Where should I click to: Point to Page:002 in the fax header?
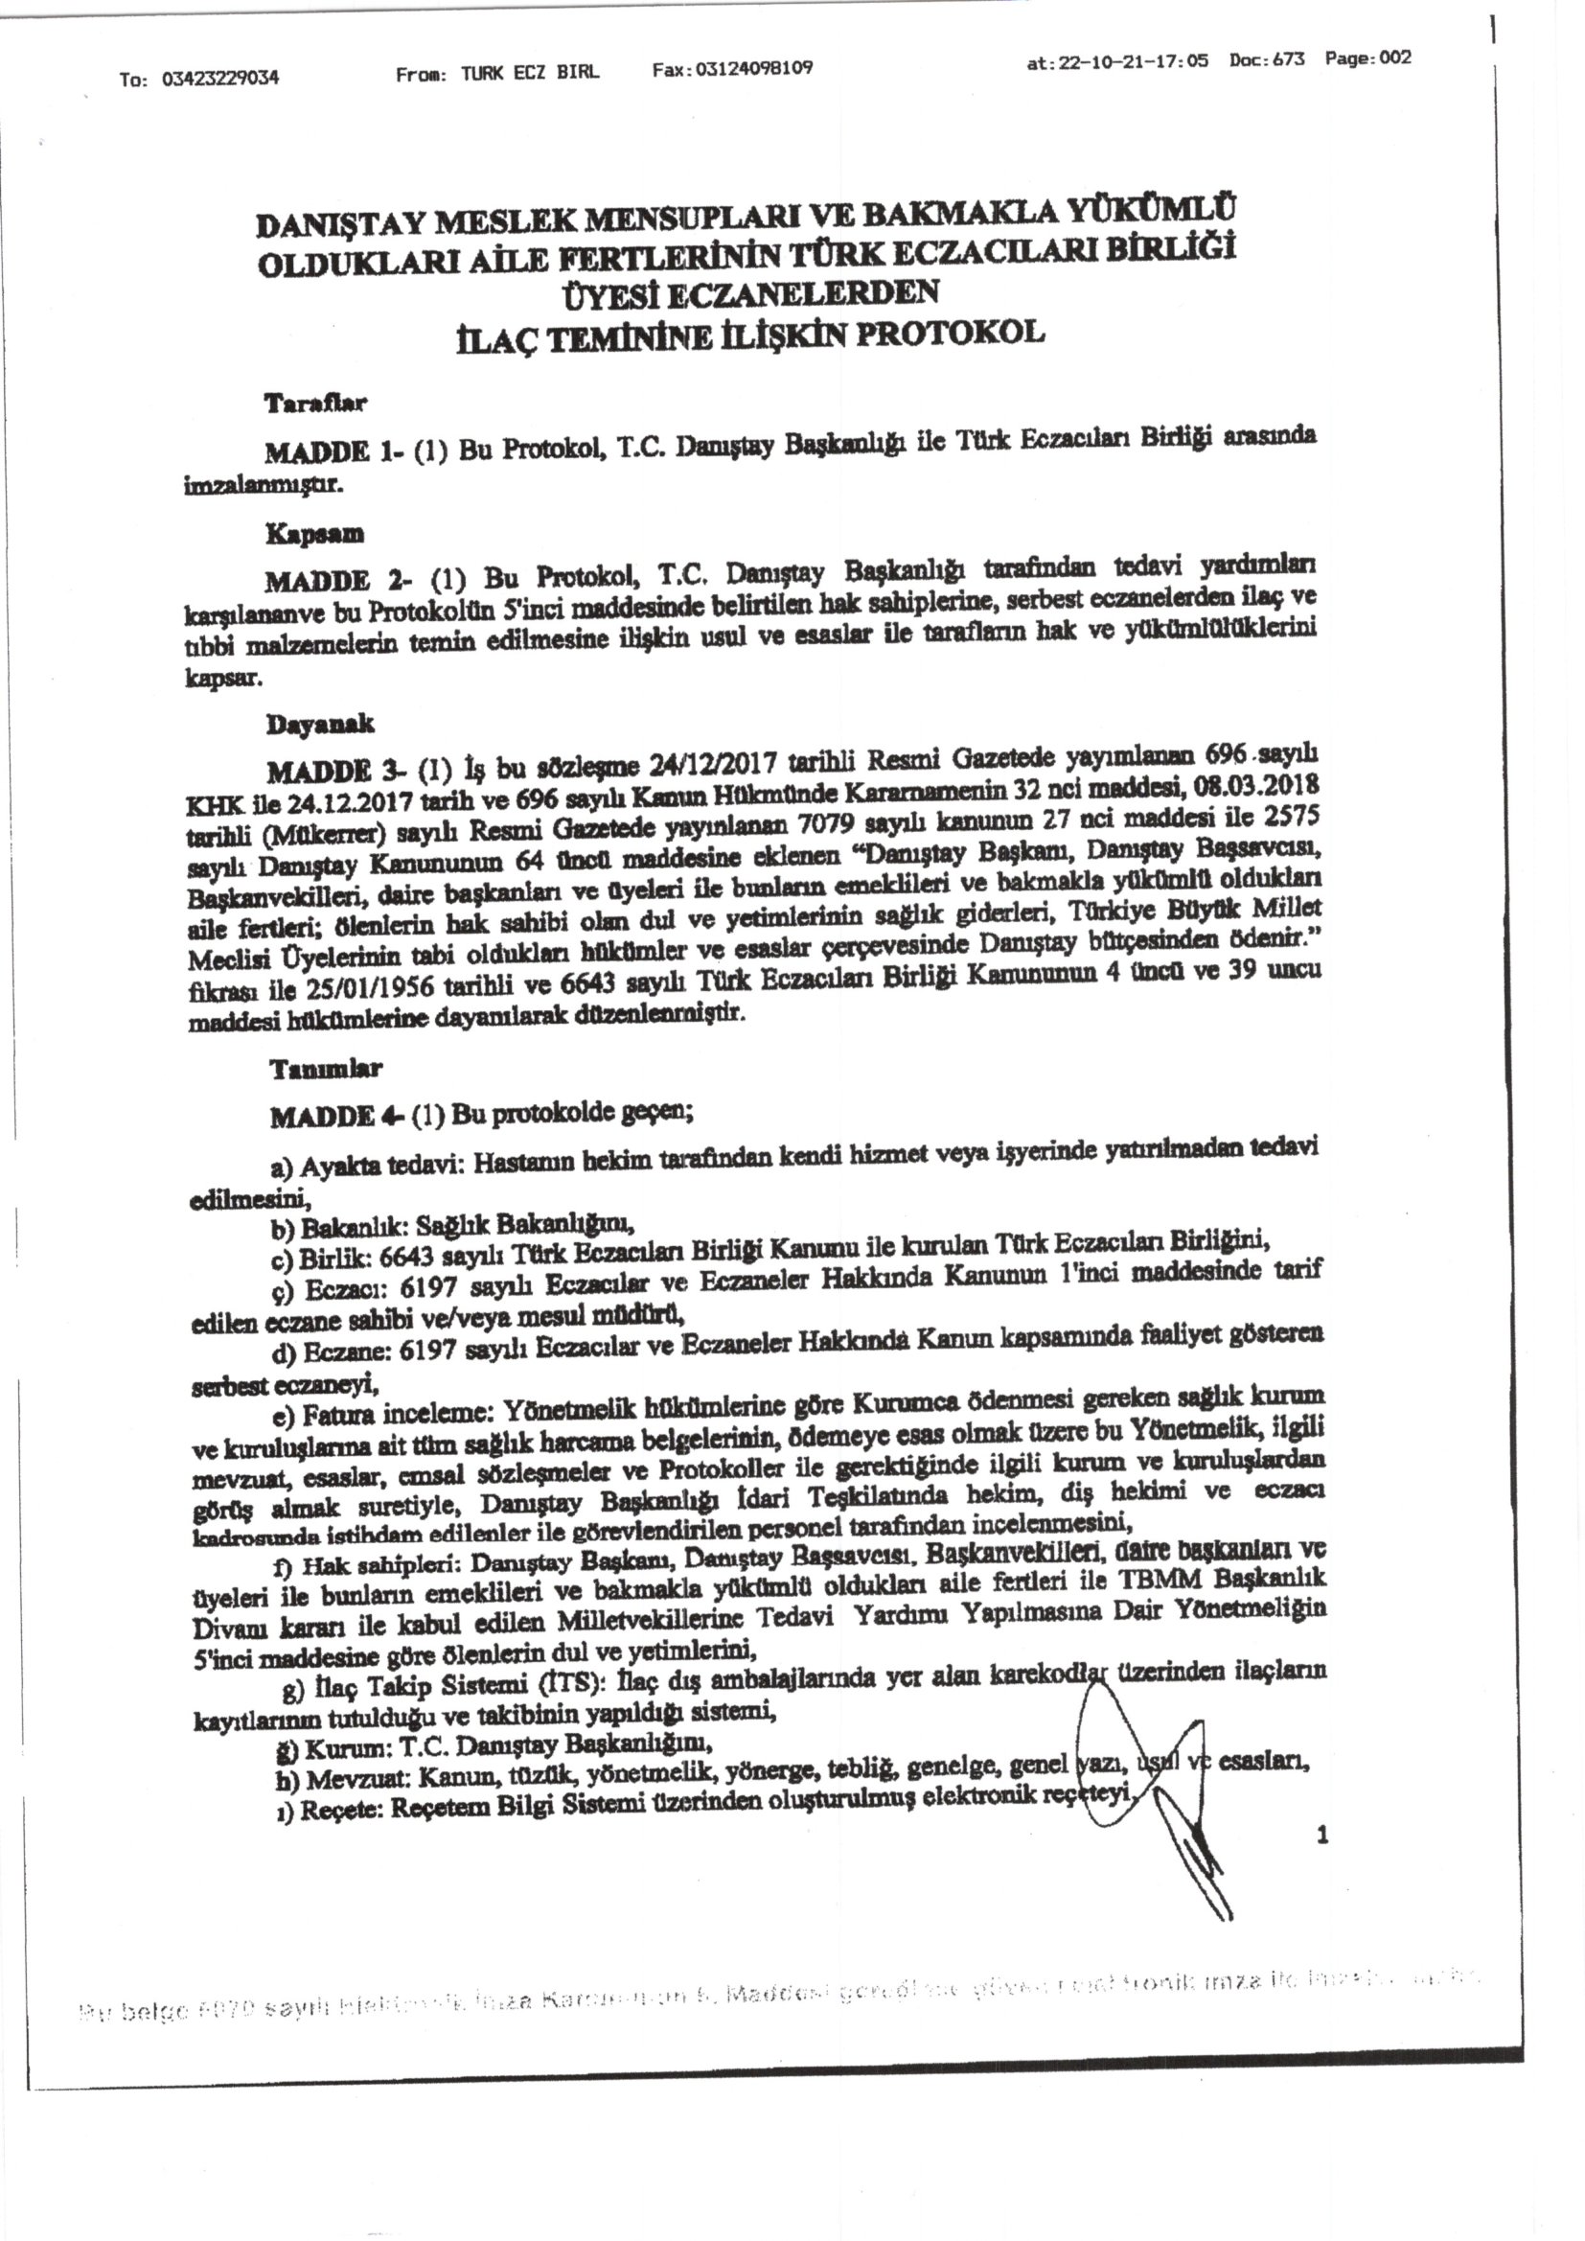1367,58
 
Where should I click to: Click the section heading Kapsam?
314,534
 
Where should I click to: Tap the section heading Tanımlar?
326,1069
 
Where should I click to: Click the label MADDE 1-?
327,451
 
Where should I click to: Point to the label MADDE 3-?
332,771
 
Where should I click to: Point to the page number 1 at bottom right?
1322,1836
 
